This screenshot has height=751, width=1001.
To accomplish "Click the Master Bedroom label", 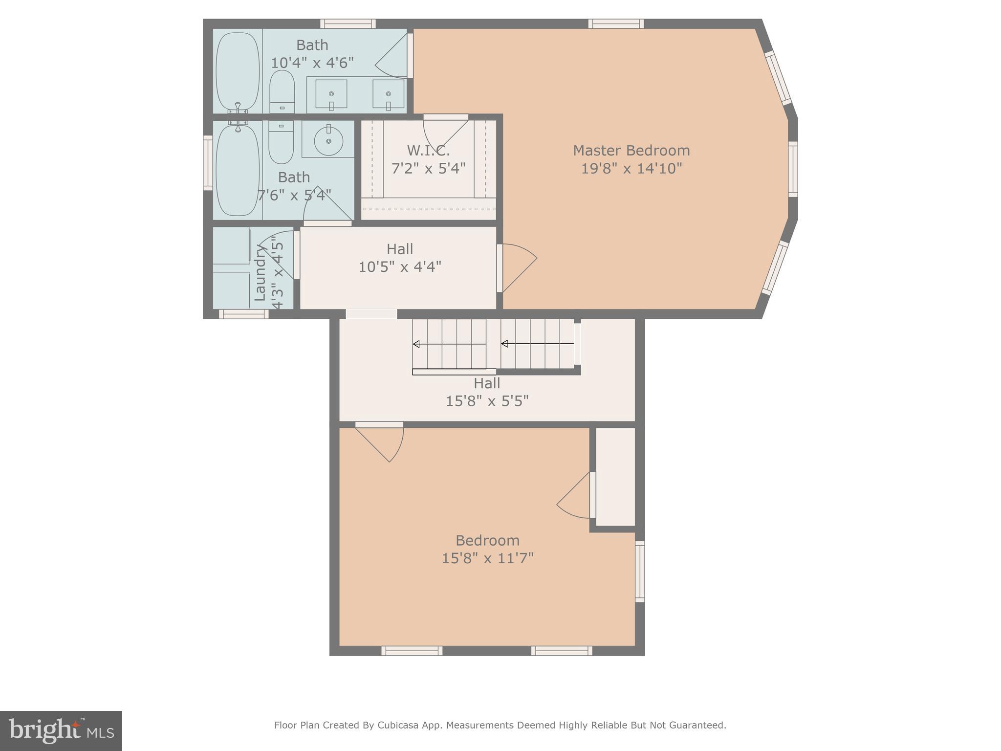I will (x=631, y=150).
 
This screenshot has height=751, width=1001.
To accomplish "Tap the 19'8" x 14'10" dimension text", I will (x=631, y=169).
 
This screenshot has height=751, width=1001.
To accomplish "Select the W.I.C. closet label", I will (x=428, y=150).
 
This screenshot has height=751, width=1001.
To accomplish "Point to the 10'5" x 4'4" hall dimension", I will (x=400, y=267).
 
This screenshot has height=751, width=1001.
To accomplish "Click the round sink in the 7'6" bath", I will (x=328, y=139).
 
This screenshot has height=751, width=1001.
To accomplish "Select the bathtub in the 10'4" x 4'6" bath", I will (x=238, y=71).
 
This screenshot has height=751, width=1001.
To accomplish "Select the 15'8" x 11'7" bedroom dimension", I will (x=487, y=558).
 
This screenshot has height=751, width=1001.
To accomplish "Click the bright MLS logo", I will (x=61, y=730).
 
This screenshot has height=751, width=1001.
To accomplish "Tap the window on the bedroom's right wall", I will (x=640, y=571).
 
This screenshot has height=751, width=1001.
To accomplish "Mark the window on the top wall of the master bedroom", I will (x=615, y=23).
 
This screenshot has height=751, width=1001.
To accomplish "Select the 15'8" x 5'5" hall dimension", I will (x=487, y=401).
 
